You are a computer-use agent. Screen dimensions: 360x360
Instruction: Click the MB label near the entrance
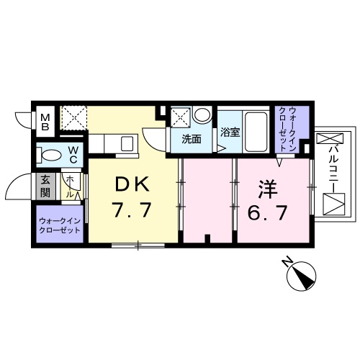click(x=45, y=120)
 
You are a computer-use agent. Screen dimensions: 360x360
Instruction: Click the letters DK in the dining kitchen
click(x=130, y=186)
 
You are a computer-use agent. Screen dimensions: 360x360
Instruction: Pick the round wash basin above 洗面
click(x=202, y=114)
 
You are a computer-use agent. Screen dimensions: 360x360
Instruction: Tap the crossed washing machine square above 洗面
click(x=181, y=116)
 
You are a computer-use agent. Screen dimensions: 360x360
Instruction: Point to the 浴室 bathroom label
click(x=230, y=133)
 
